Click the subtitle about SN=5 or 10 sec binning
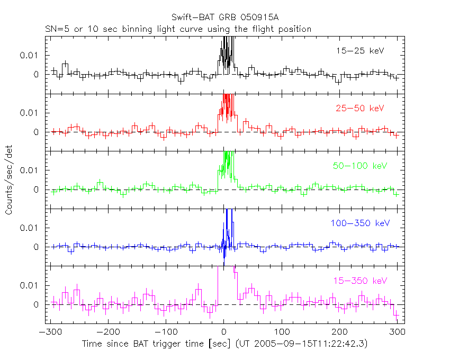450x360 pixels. click(177, 29)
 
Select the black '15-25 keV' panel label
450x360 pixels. click(359, 51)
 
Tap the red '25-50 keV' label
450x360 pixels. click(359, 108)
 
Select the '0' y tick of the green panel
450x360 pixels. click(37, 190)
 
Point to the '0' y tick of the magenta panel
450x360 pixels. click(37, 305)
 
